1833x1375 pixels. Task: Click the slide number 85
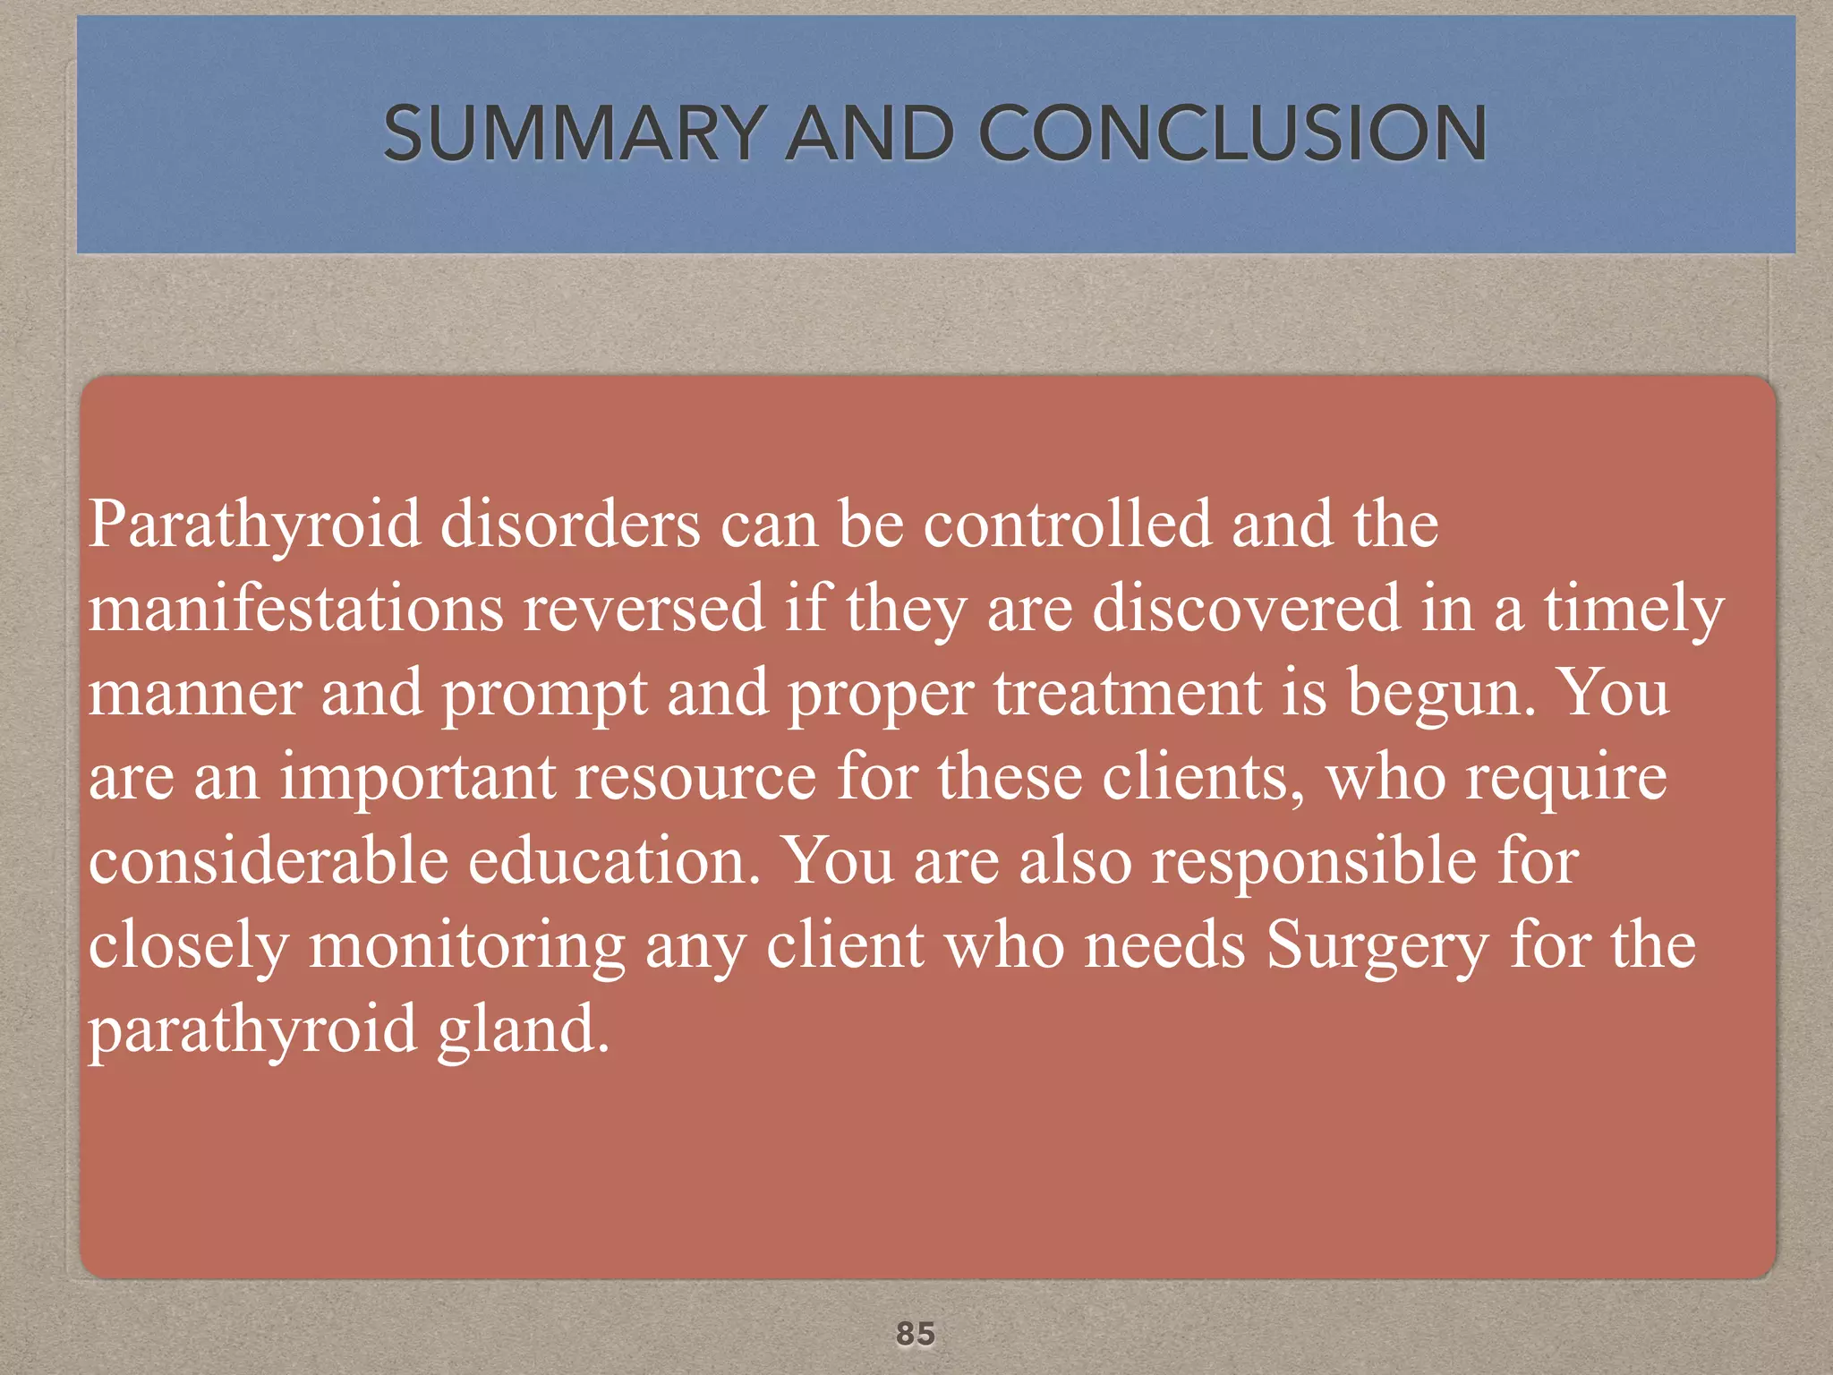[x=915, y=1333]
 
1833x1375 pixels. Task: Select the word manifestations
[x=295, y=608]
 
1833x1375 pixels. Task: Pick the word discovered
[x=1247, y=608]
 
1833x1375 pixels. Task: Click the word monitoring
[x=466, y=946]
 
